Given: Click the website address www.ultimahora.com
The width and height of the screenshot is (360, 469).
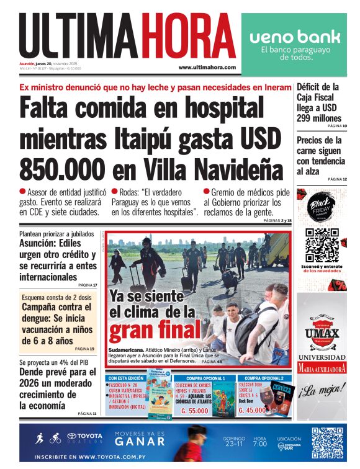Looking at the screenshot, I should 207,67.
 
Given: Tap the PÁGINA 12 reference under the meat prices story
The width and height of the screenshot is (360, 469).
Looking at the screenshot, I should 336,179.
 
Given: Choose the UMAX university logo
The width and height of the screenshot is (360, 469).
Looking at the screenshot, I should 322,334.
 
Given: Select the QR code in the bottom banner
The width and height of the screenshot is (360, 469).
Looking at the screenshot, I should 327,443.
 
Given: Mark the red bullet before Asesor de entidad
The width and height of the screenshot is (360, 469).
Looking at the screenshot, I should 23,193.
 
